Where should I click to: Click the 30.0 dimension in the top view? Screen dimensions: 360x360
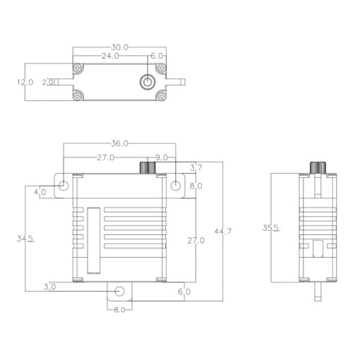point(121,47)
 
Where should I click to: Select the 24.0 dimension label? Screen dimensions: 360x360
point(110,55)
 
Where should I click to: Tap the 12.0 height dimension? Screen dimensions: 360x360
point(25,82)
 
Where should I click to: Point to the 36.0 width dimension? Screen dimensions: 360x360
point(121,143)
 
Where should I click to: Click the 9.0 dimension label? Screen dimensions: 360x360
point(161,157)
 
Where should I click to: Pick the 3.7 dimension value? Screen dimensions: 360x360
point(197,167)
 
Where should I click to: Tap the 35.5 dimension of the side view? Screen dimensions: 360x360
point(270,228)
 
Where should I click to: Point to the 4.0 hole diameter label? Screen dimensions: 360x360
point(40,191)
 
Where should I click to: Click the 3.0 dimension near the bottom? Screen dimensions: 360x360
point(50,287)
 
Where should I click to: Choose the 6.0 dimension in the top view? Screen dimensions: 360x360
point(157,55)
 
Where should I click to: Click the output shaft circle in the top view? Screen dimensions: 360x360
point(147,82)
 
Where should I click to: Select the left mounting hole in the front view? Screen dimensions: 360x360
point(64,186)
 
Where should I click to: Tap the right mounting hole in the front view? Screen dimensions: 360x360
point(176,186)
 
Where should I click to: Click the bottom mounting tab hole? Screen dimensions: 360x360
point(120,292)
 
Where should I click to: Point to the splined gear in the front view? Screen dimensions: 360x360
point(148,168)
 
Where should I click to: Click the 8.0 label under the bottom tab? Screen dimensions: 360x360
point(119,310)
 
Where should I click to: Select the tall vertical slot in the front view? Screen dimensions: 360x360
point(93,240)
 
